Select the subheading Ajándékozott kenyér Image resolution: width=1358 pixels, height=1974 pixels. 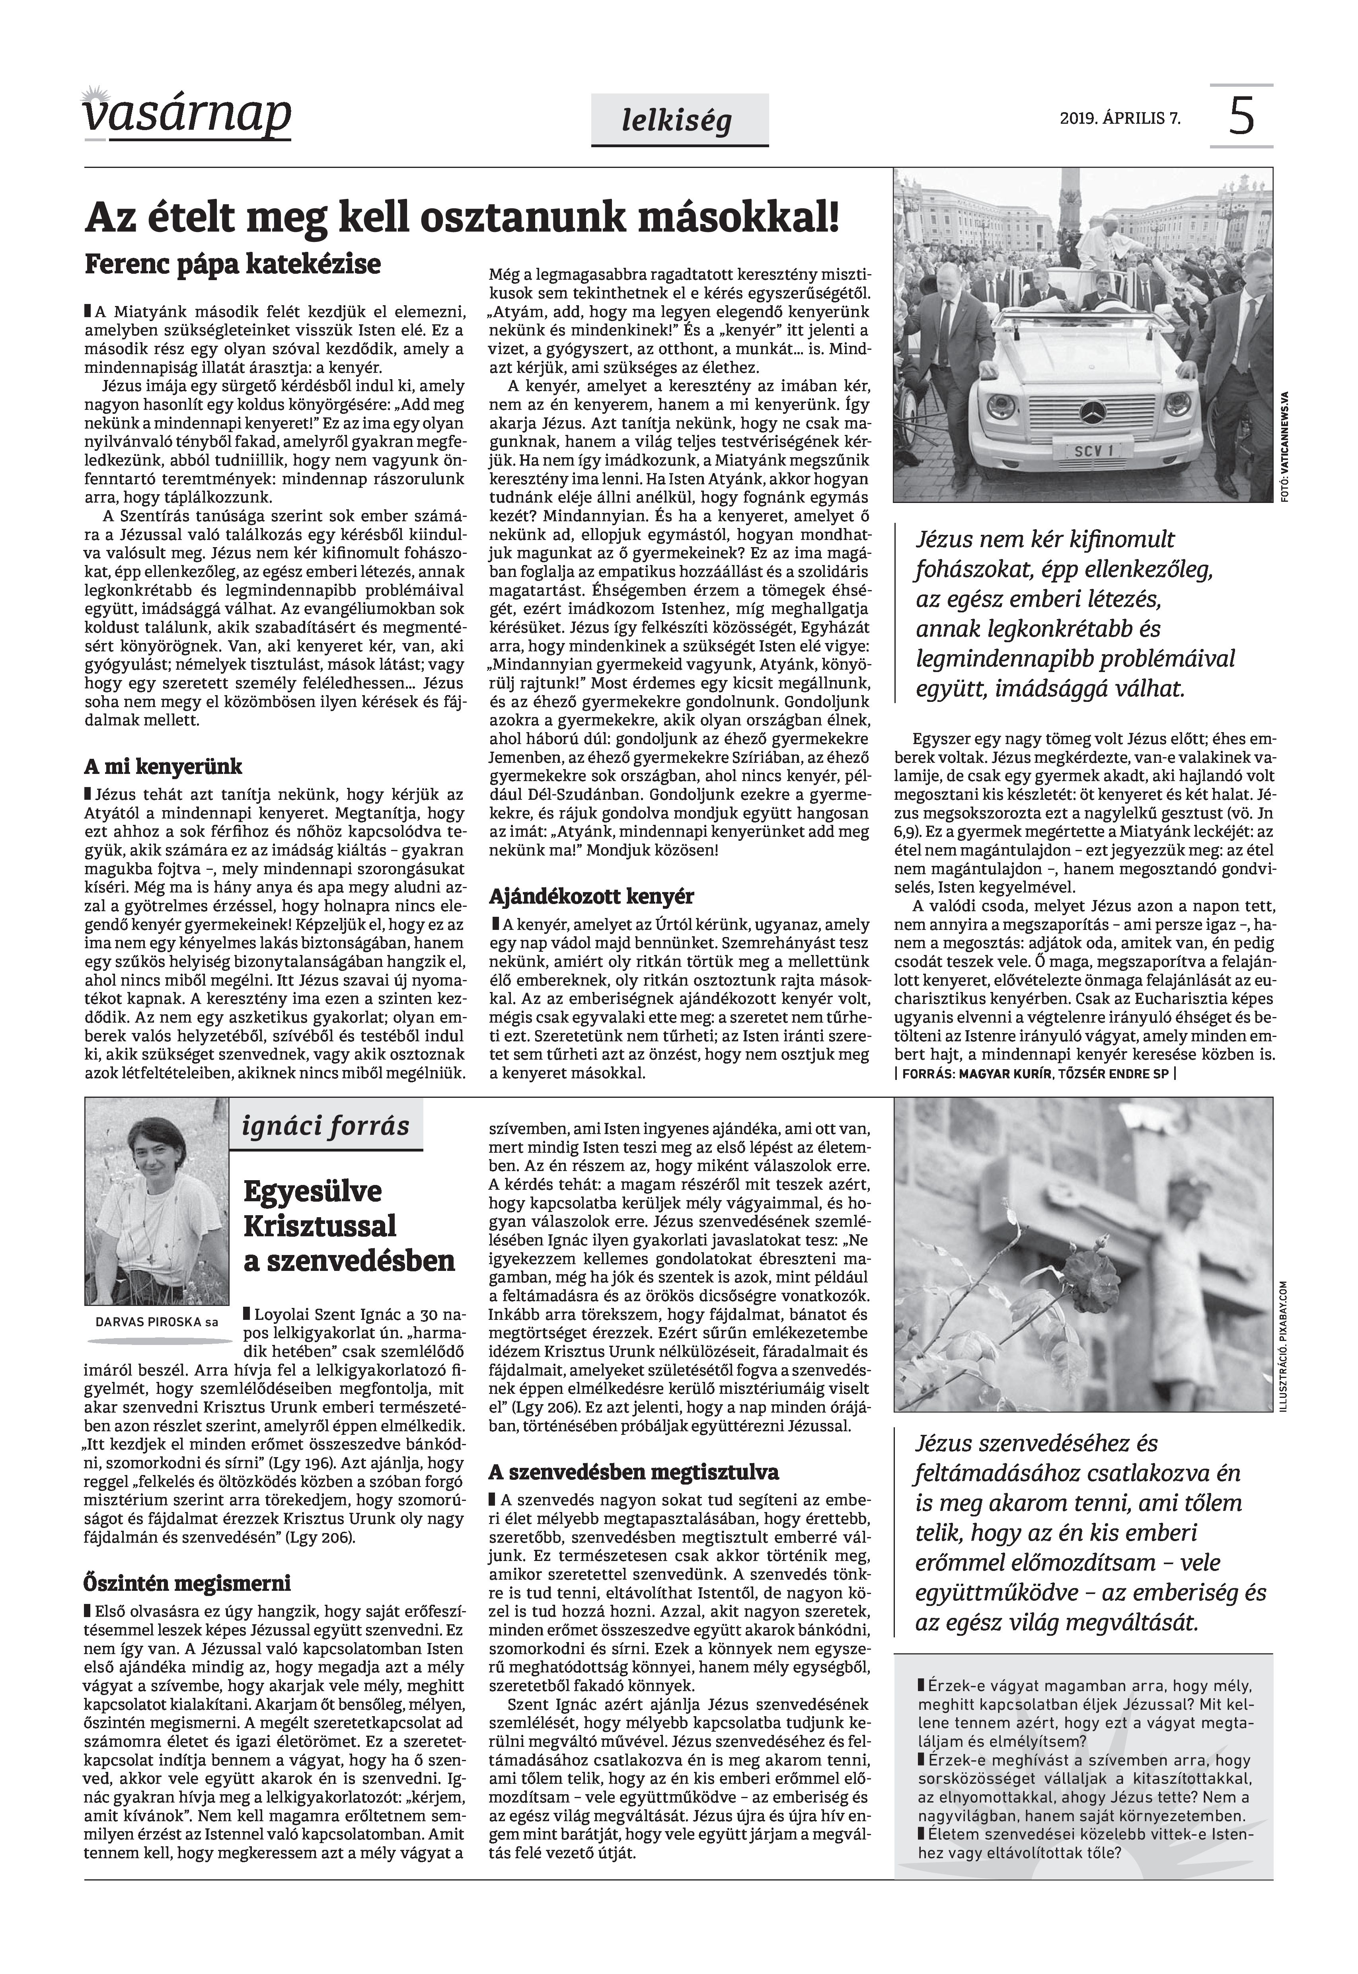click(591, 896)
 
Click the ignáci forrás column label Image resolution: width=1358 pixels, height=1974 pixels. click(326, 1126)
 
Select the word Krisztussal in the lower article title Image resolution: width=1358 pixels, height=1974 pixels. click(320, 1226)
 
